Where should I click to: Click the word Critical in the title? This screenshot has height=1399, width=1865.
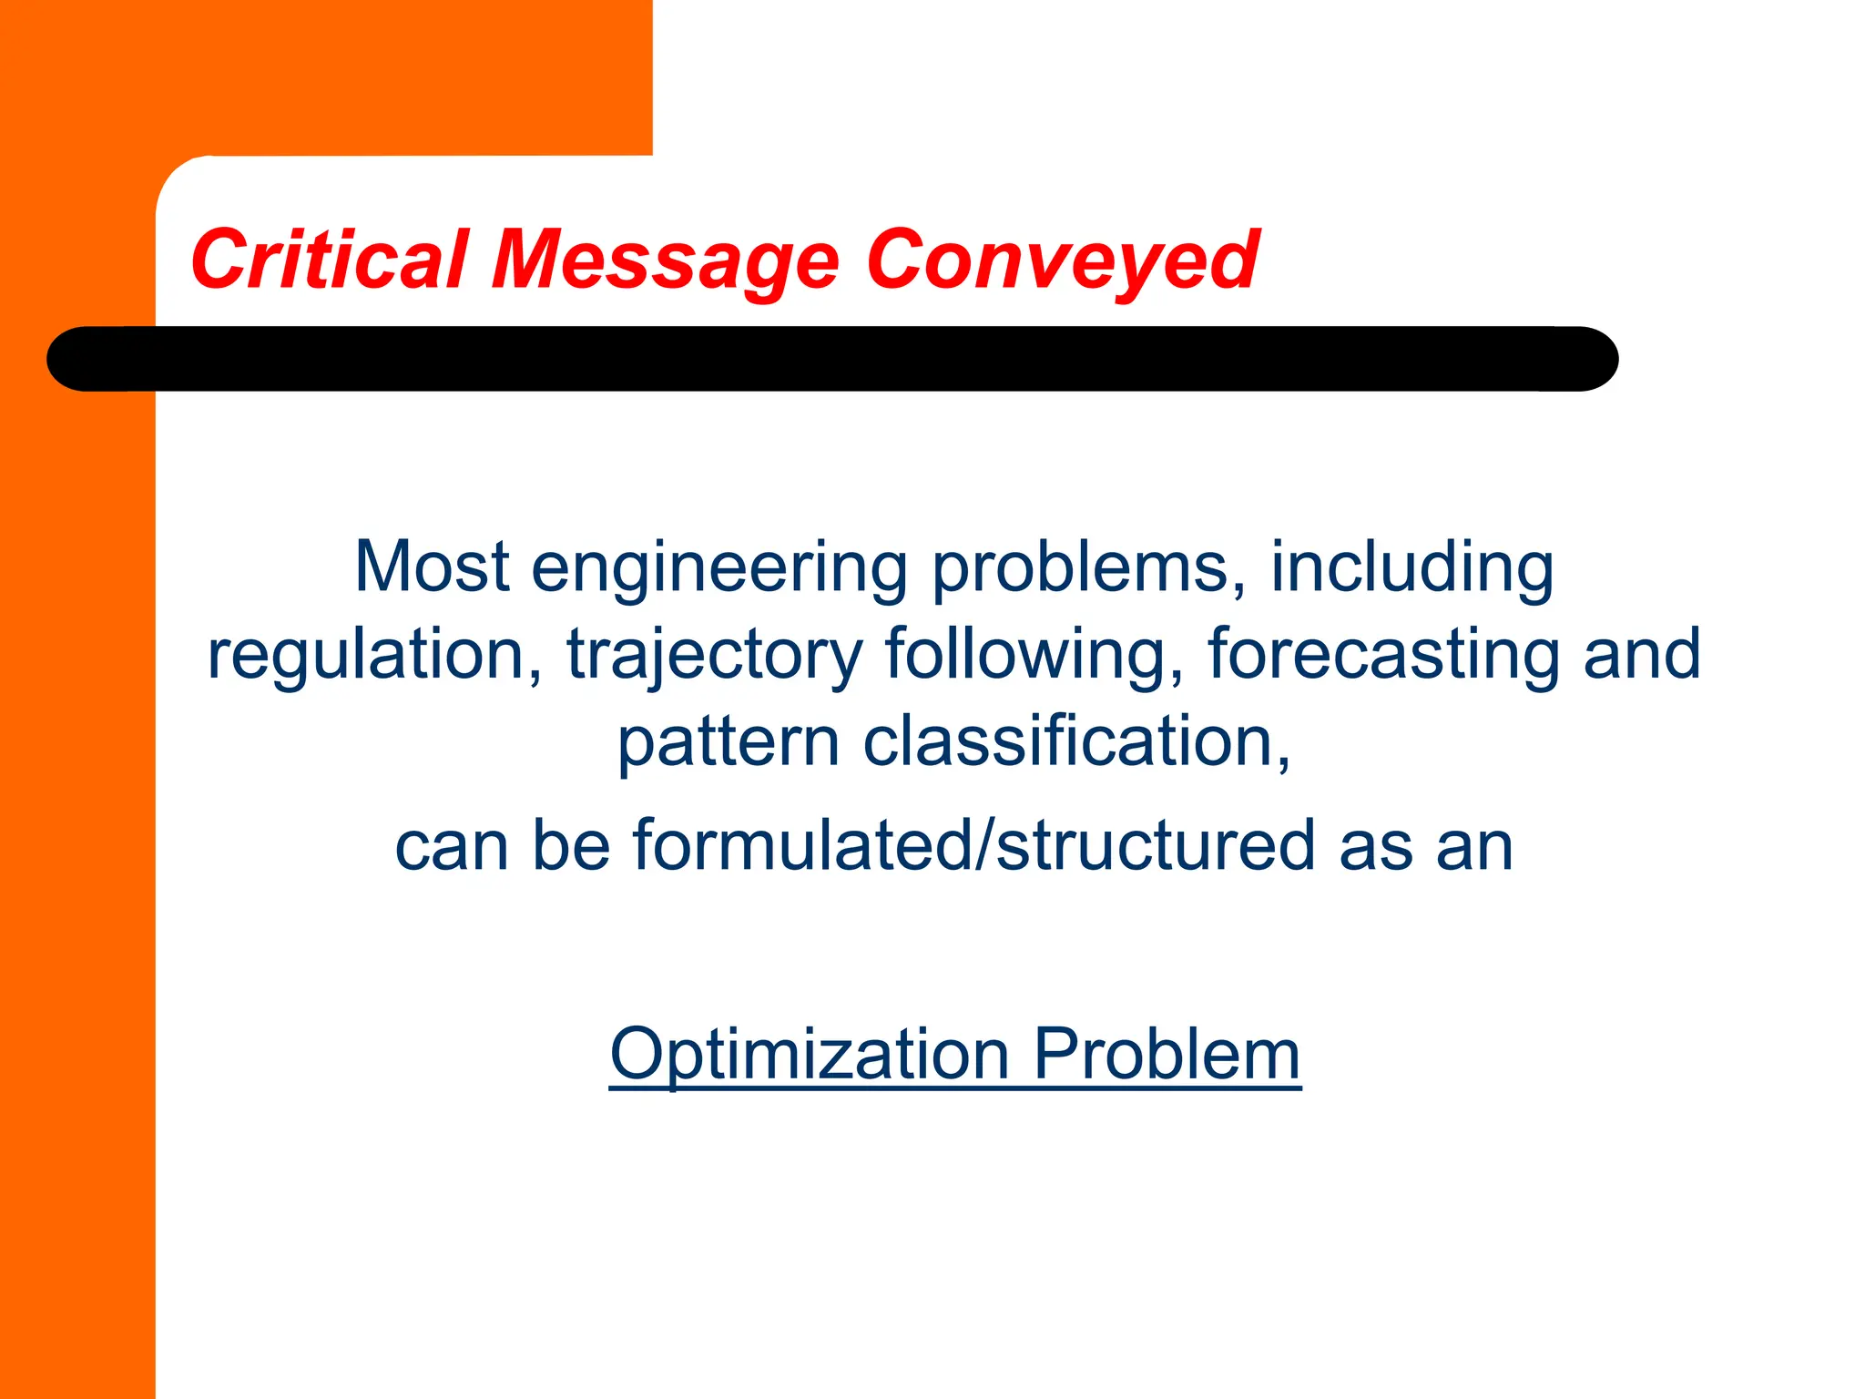pyautogui.click(x=330, y=260)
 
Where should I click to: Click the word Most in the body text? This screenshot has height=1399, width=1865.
pyautogui.click(x=431, y=567)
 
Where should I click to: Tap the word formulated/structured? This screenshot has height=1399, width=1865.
pyautogui.click(x=974, y=845)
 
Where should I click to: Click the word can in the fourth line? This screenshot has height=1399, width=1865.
pyautogui.click(x=451, y=847)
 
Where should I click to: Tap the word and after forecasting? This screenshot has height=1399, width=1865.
pyautogui.click(x=1642, y=654)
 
